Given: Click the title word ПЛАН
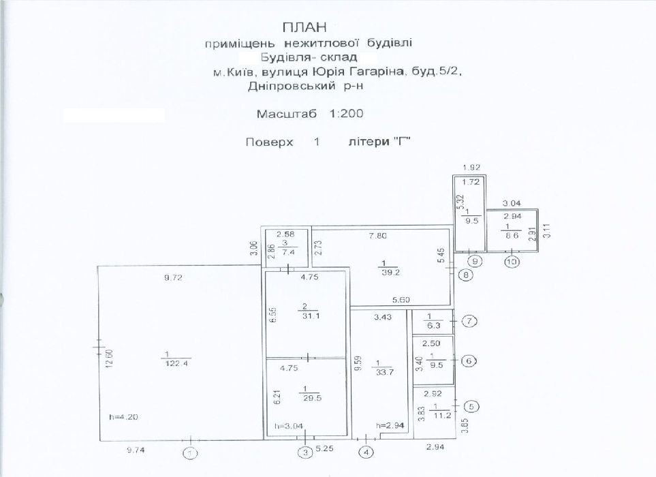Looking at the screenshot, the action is click(304, 27).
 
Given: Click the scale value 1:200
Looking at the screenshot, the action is click(346, 113).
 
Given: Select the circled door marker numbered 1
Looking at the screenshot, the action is click(191, 453).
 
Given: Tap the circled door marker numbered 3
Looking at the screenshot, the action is click(305, 452).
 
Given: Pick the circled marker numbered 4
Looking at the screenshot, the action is click(367, 452).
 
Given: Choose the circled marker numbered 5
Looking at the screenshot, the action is click(472, 406).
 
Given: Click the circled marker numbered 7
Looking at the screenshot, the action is click(469, 322).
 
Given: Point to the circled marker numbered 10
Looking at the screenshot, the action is click(512, 262).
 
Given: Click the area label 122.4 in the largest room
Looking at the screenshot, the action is click(176, 363).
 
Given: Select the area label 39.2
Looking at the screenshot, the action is click(390, 272).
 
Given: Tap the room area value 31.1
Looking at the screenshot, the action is click(311, 316).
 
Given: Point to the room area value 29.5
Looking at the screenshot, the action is click(313, 398).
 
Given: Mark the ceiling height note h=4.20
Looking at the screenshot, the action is click(123, 417).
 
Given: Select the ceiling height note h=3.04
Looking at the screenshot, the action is click(289, 426).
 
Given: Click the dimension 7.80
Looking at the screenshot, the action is click(378, 236).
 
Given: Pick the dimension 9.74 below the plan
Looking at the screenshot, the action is click(135, 450).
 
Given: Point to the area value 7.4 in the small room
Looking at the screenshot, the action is click(289, 252).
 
